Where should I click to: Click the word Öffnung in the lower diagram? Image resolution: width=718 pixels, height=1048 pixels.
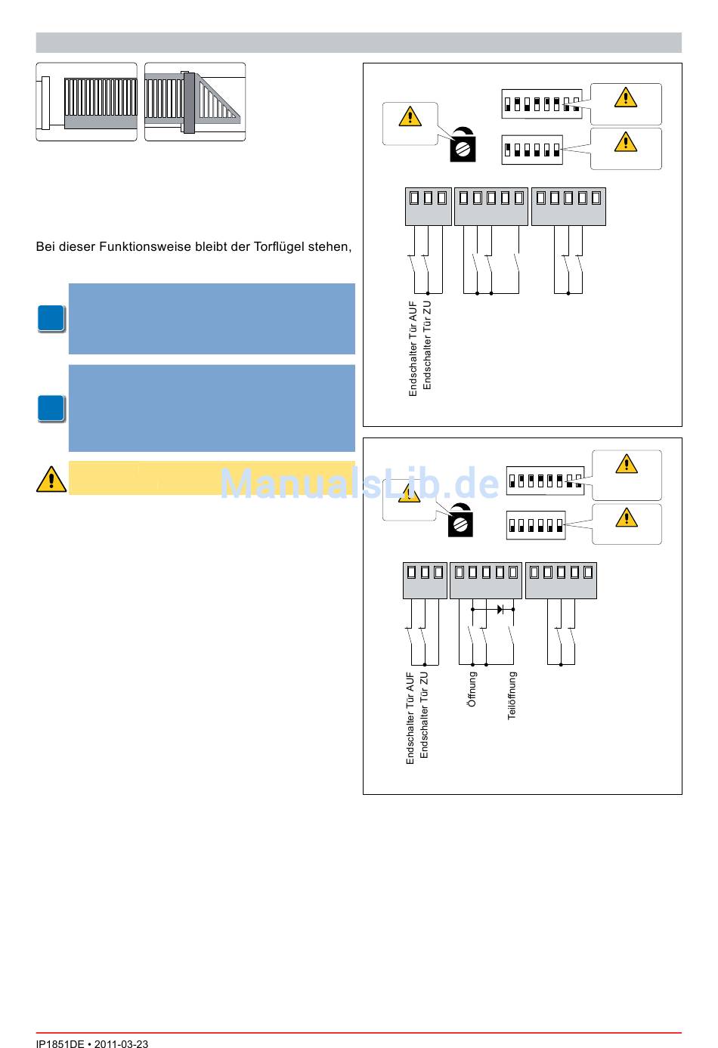472,689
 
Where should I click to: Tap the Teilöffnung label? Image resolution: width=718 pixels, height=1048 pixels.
512,695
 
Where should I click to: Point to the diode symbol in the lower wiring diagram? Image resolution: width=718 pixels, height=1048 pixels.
500,608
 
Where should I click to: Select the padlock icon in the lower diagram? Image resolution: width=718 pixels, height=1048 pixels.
460,521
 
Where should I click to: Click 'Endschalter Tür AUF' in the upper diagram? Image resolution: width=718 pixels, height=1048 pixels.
413,348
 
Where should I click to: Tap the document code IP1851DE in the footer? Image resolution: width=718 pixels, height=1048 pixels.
60,1044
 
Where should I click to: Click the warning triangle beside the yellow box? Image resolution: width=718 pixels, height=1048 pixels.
51,479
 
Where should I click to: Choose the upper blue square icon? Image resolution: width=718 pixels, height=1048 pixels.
51,319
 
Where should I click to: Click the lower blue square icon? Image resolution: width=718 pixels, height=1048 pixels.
51,408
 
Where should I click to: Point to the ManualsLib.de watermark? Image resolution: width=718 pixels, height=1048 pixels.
360,484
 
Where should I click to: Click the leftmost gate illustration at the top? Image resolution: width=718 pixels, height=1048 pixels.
87,102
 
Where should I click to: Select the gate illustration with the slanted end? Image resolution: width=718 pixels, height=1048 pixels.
195,102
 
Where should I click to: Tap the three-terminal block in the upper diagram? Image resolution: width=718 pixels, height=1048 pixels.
428,206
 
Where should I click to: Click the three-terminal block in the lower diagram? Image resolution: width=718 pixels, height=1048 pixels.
425,580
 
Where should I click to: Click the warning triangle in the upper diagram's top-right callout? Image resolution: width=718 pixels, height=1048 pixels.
625,97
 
